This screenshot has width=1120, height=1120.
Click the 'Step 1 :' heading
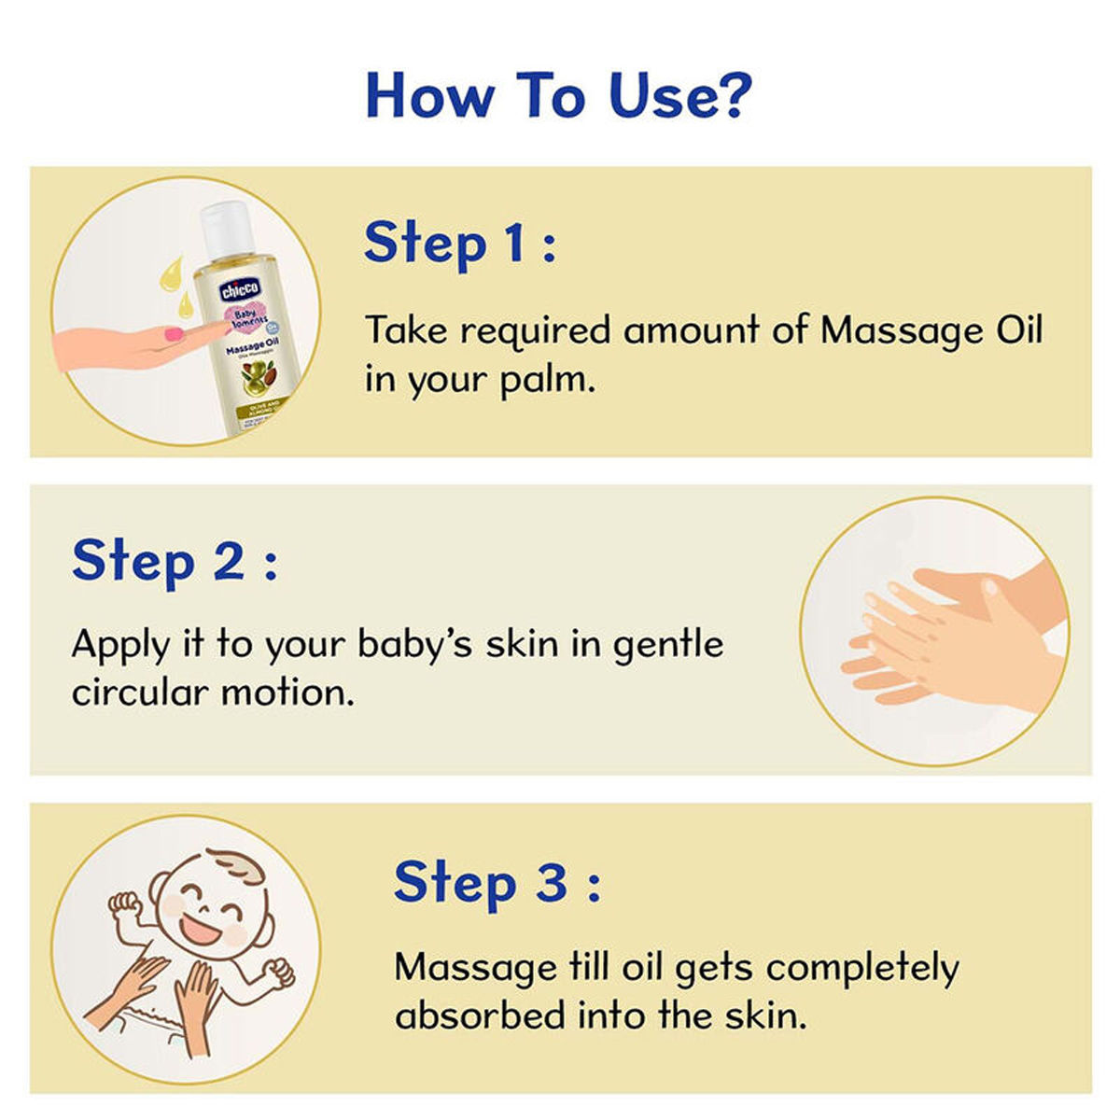(459, 243)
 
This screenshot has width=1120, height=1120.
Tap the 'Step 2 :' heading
(175, 560)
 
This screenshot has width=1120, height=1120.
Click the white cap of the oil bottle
(227, 228)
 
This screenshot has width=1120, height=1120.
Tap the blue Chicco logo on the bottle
(240, 289)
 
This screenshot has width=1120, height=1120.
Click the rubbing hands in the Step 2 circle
(943, 635)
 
